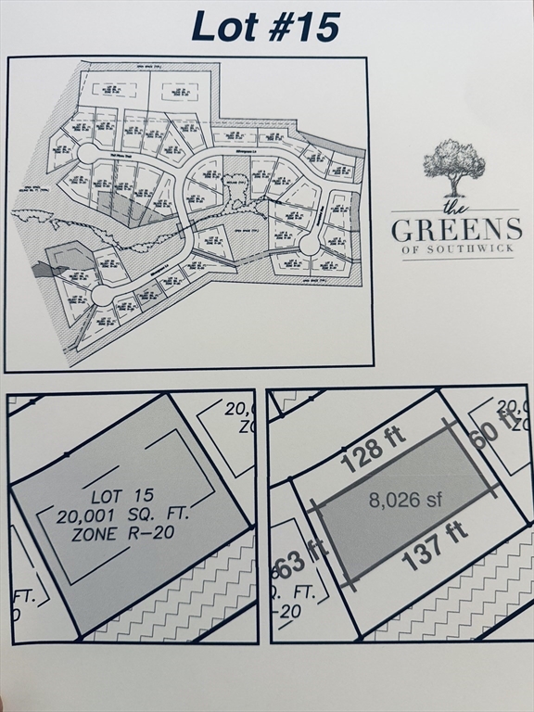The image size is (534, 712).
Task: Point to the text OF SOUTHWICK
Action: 456,248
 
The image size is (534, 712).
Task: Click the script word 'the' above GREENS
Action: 453,206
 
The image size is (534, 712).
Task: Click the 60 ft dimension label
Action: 492,426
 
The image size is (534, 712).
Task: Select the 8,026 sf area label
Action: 405,501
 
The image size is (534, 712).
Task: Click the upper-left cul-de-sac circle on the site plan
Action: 88,153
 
